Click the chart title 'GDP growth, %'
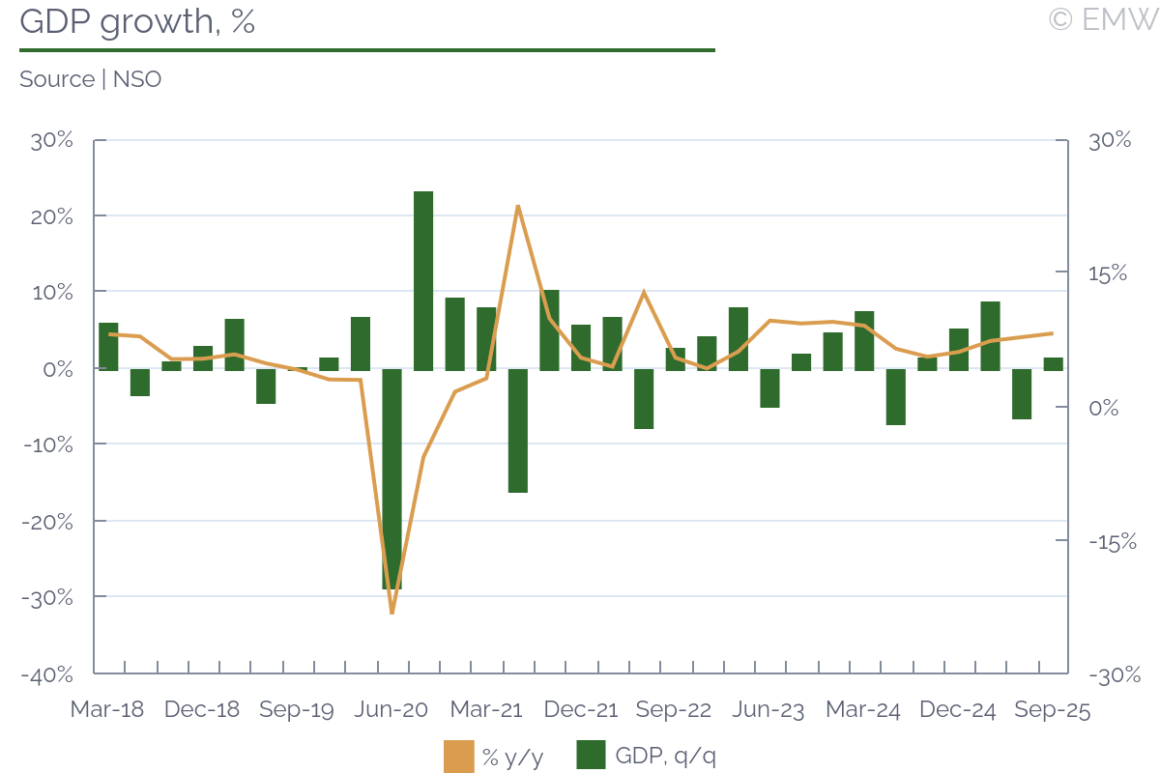tap(137, 21)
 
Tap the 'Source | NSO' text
tap(90, 79)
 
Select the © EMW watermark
tap(1102, 19)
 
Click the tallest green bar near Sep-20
tap(423, 280)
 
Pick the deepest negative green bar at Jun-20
tap(391, 478)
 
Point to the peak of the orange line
tap(518, 206)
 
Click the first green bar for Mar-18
tap(108, 346)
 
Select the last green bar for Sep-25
tap(1053, 364)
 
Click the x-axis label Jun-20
tap(391, 710)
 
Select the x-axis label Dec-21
tap(581, 710)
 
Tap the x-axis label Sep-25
tap(1053, 710)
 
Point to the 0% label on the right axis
tap(1108, 408)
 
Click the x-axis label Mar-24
tap(863, 710)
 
